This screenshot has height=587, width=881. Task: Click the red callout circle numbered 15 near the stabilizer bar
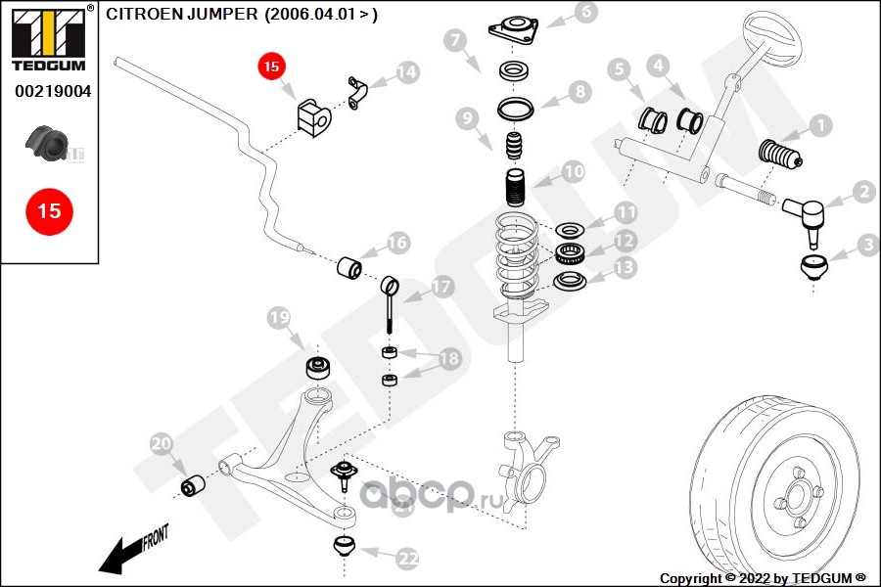tap(271, 67)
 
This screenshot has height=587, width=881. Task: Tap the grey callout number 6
tap(585, 13)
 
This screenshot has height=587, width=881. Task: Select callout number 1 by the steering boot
tap(819, 125)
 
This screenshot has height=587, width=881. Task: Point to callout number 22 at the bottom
tap(407, 559)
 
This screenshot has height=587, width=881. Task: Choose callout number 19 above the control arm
tap(280, 318)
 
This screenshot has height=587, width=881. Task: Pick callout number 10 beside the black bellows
tap(573, 171)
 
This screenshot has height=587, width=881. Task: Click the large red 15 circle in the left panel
tap(48, 210)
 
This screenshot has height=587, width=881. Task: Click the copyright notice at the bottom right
tap(764, 578)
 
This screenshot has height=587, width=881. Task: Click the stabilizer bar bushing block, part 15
tap(313, 115)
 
